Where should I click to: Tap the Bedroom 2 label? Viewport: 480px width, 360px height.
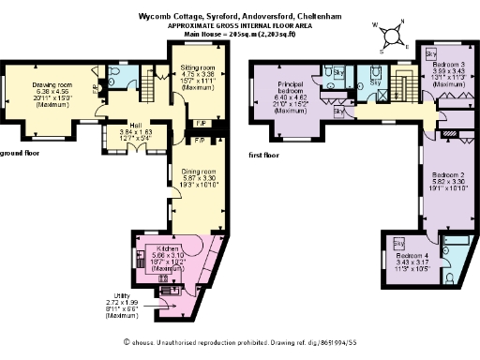[x=423, y=175]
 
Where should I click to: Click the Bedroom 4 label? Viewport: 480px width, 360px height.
[x=412, y=255]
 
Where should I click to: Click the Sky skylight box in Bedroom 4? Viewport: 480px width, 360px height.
[x=398, y=243]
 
